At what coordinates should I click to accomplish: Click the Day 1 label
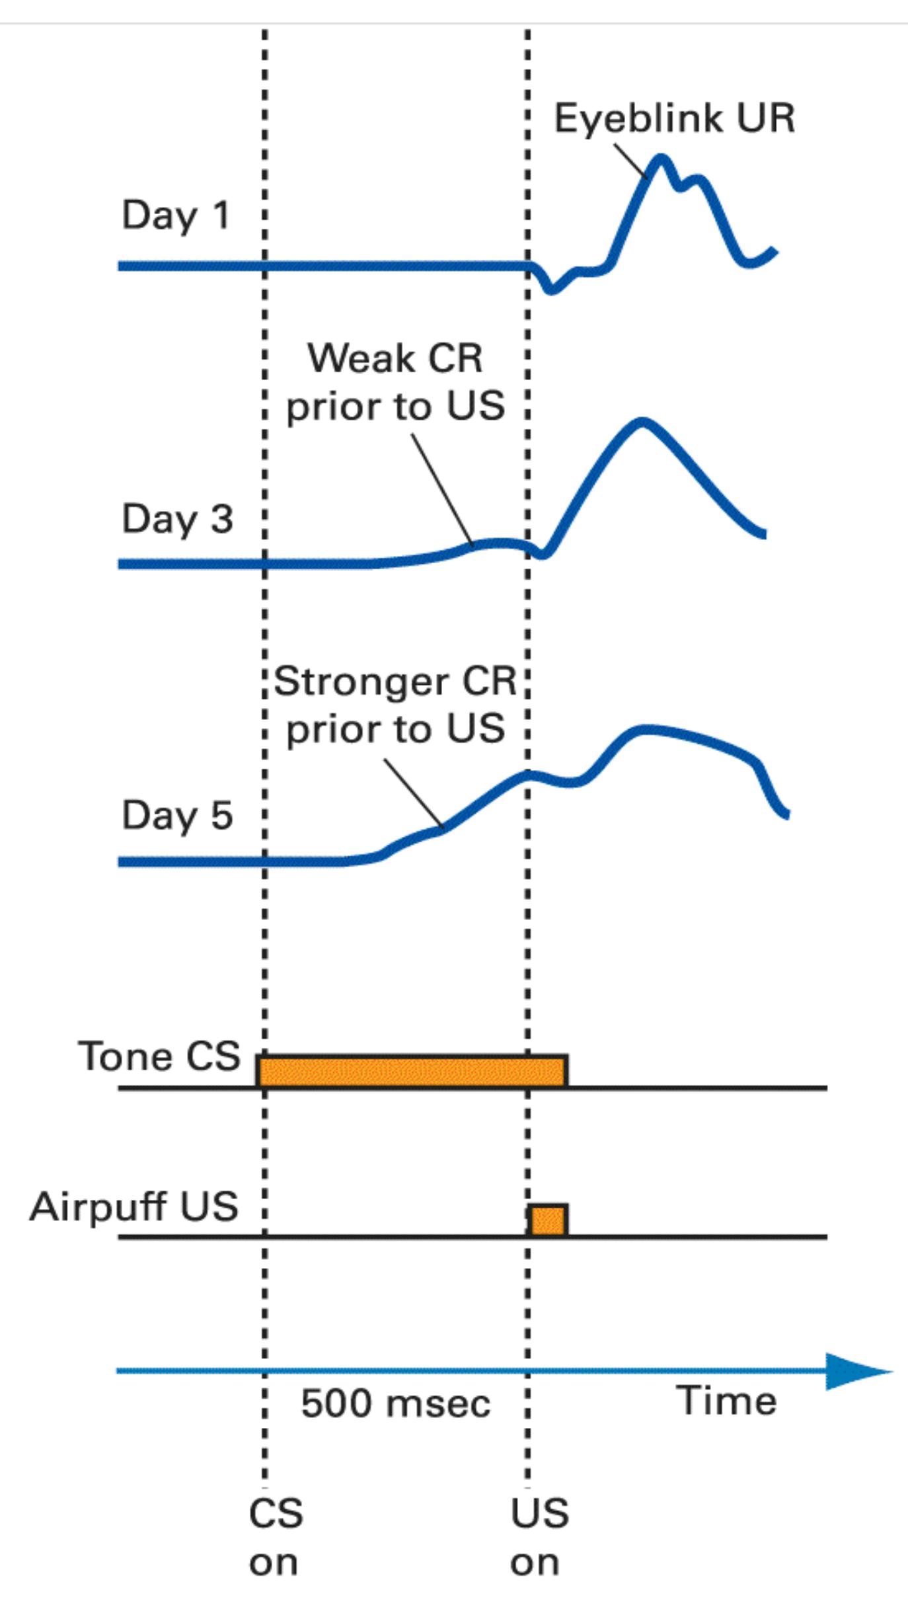click(176, 216)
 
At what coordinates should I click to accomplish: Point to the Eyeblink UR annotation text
click(674, 119)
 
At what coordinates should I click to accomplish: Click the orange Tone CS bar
click(412, 1070)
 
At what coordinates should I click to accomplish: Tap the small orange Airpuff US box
click(548, 1220)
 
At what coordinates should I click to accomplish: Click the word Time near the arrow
click(726, 1400)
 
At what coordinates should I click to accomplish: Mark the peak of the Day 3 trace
click(642, 421)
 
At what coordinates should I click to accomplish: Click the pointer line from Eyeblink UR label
click(630, 161)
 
